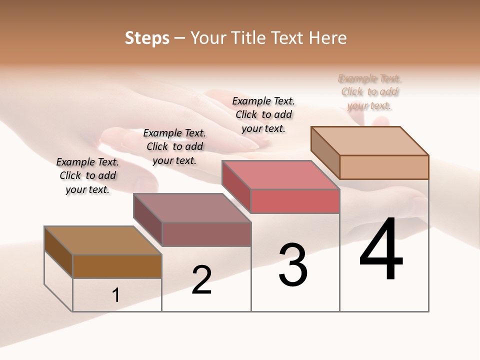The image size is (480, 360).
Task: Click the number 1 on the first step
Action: pos(116,295)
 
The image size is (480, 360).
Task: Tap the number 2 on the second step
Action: pos(201,280)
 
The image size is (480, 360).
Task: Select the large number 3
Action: pos(293,265)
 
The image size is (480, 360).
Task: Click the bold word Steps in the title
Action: pos(147,38)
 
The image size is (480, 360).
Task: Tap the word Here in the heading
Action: pos(328,38)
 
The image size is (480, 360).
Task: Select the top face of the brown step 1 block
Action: pos(102,240)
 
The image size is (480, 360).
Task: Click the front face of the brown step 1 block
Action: pos(117,266)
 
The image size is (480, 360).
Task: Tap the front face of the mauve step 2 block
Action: pos(206,234)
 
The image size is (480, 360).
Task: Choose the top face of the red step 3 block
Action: pos(280,175)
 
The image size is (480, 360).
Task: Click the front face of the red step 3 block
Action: pos(295,201)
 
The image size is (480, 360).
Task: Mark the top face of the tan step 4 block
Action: pos(369,140)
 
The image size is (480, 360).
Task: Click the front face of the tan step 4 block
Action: pos(384,167)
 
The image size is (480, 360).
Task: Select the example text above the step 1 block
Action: pos(87,175)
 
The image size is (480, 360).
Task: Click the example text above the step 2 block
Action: pos(174,146)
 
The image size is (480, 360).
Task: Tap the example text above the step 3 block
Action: pos(263,114)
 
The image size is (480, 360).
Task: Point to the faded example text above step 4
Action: pos(370,92)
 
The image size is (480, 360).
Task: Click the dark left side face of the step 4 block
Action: pos(325,152)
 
